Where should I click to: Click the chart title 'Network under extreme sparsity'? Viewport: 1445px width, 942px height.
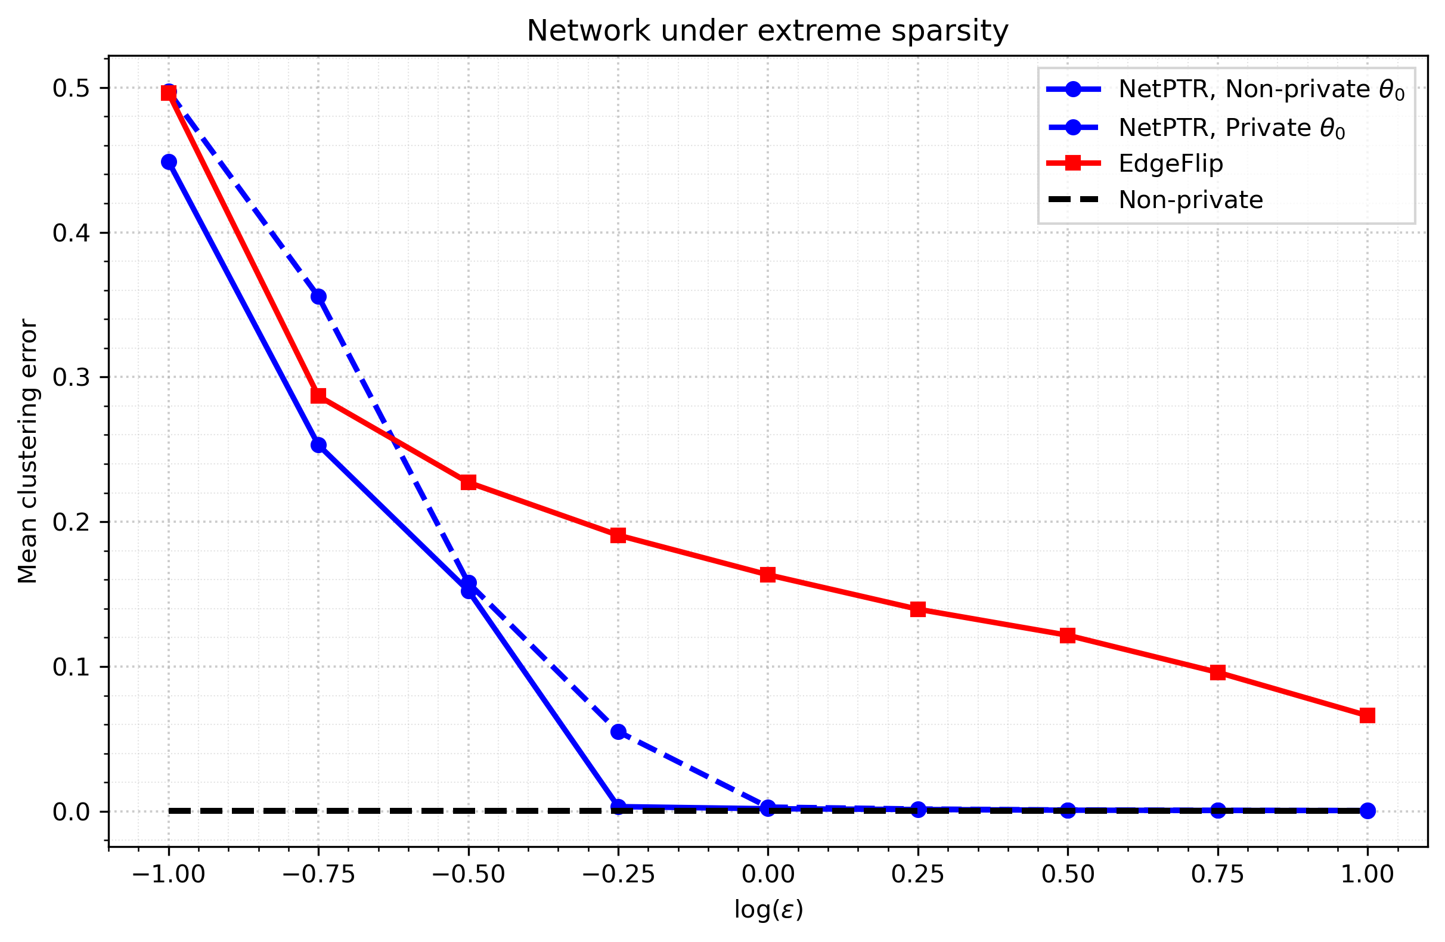pyautogui.click(x=767, y=31)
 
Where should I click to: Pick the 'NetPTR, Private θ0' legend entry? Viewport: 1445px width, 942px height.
pyautogui.click(x=1196, y=128)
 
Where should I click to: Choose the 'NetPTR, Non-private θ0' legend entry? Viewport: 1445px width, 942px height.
pyautogui.click(x=1226, y=89)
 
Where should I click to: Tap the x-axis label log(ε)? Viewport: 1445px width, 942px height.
pyautogui.click(x=768, y=910)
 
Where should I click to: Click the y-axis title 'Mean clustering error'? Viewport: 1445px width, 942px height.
pyautogui.click(x=28, y=451)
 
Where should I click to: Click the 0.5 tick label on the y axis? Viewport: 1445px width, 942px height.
pyautogui.click(x=71, y=88)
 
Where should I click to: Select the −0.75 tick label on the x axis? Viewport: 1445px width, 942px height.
pyautogui.click(x=319, y=875)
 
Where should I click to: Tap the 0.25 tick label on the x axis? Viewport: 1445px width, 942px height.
pyautogui.click(x=917, y=875)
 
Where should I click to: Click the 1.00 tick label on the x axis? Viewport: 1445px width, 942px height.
pyautogui.click(x=1368, y=875)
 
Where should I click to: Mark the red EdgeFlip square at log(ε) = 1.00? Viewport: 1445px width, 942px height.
pyautogui.click(x=1368, y=715)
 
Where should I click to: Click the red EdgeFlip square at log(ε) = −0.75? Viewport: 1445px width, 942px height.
pyautogui.click(x=319, y=396)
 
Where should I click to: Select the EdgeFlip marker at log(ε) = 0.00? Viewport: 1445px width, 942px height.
pyautogui.click(x=768, y=575)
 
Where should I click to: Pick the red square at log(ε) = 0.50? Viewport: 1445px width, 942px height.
pyautogui.click(x=1068, y=636)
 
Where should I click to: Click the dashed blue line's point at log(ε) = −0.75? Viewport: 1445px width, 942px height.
pyautogui.click(x=319, y=297)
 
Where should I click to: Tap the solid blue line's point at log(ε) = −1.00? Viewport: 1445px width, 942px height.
pyautogui.click(x=169, y=162)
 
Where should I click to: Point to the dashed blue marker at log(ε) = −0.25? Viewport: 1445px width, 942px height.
pyautogui.click(x=618, y=732)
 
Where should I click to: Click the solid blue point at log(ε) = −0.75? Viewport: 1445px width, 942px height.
pyautogui.click(x=319, y=445)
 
